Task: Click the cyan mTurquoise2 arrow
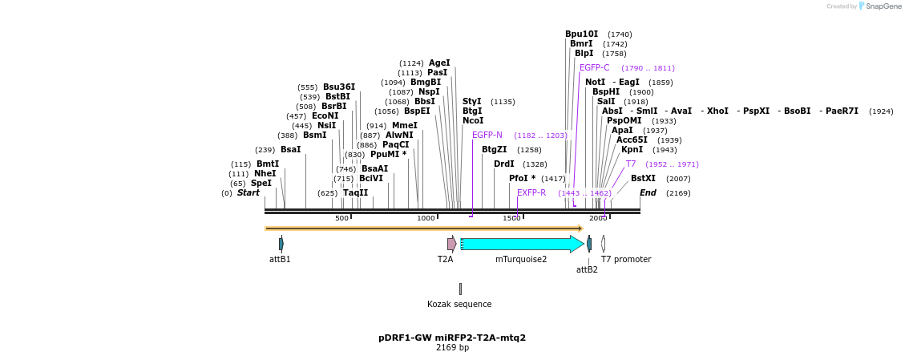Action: (521, 244)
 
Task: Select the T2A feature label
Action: (445, 260)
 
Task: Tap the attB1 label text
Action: (280, 260)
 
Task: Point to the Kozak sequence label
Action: (459, 305)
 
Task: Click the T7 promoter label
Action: (626, 260)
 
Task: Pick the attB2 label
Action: (587, 270)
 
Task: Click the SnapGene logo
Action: (879, 6)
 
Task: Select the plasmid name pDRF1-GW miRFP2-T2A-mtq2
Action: (452, 338)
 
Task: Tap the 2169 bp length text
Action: (452, 348)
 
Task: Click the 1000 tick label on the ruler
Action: (426, 218)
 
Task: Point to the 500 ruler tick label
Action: (341, 218)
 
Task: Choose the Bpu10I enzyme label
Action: (581, 34)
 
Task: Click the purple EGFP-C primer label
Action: (594, 68)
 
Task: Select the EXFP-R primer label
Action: (531, 193)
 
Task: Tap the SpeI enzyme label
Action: (261, 184)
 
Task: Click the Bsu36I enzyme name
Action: (339, 87)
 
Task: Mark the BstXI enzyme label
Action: (643, 179)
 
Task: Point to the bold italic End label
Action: (648, 193)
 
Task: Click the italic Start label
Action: (248, 193)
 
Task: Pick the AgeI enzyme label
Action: (439, 63)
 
